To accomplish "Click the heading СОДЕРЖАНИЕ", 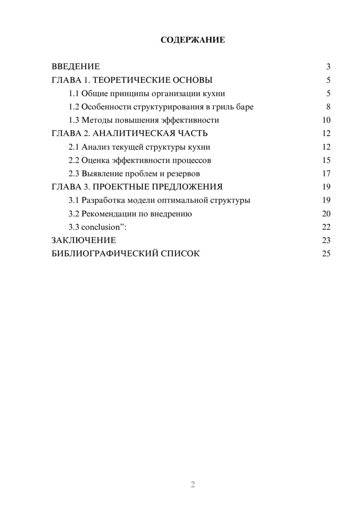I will click(193, 40).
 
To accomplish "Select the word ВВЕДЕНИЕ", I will click(76, 67).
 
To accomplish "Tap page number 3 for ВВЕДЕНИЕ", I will click(328, 67).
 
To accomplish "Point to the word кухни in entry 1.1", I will click(214, 94).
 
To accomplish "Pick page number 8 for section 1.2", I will click(328, 107).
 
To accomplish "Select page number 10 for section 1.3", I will click(326, 120).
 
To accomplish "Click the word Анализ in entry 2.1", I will click(95, 147).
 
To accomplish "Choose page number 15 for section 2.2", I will click(326, 160).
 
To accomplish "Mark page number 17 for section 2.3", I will click(326, 174).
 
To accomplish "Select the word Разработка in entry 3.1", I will click(103, 200).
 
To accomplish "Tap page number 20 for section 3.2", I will click(326, 214).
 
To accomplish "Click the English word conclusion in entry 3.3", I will click(100, 227).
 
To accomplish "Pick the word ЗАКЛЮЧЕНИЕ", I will click(84, 240).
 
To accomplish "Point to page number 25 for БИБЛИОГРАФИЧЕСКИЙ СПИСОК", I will click(326, 254).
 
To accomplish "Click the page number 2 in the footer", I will click(193, 485).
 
